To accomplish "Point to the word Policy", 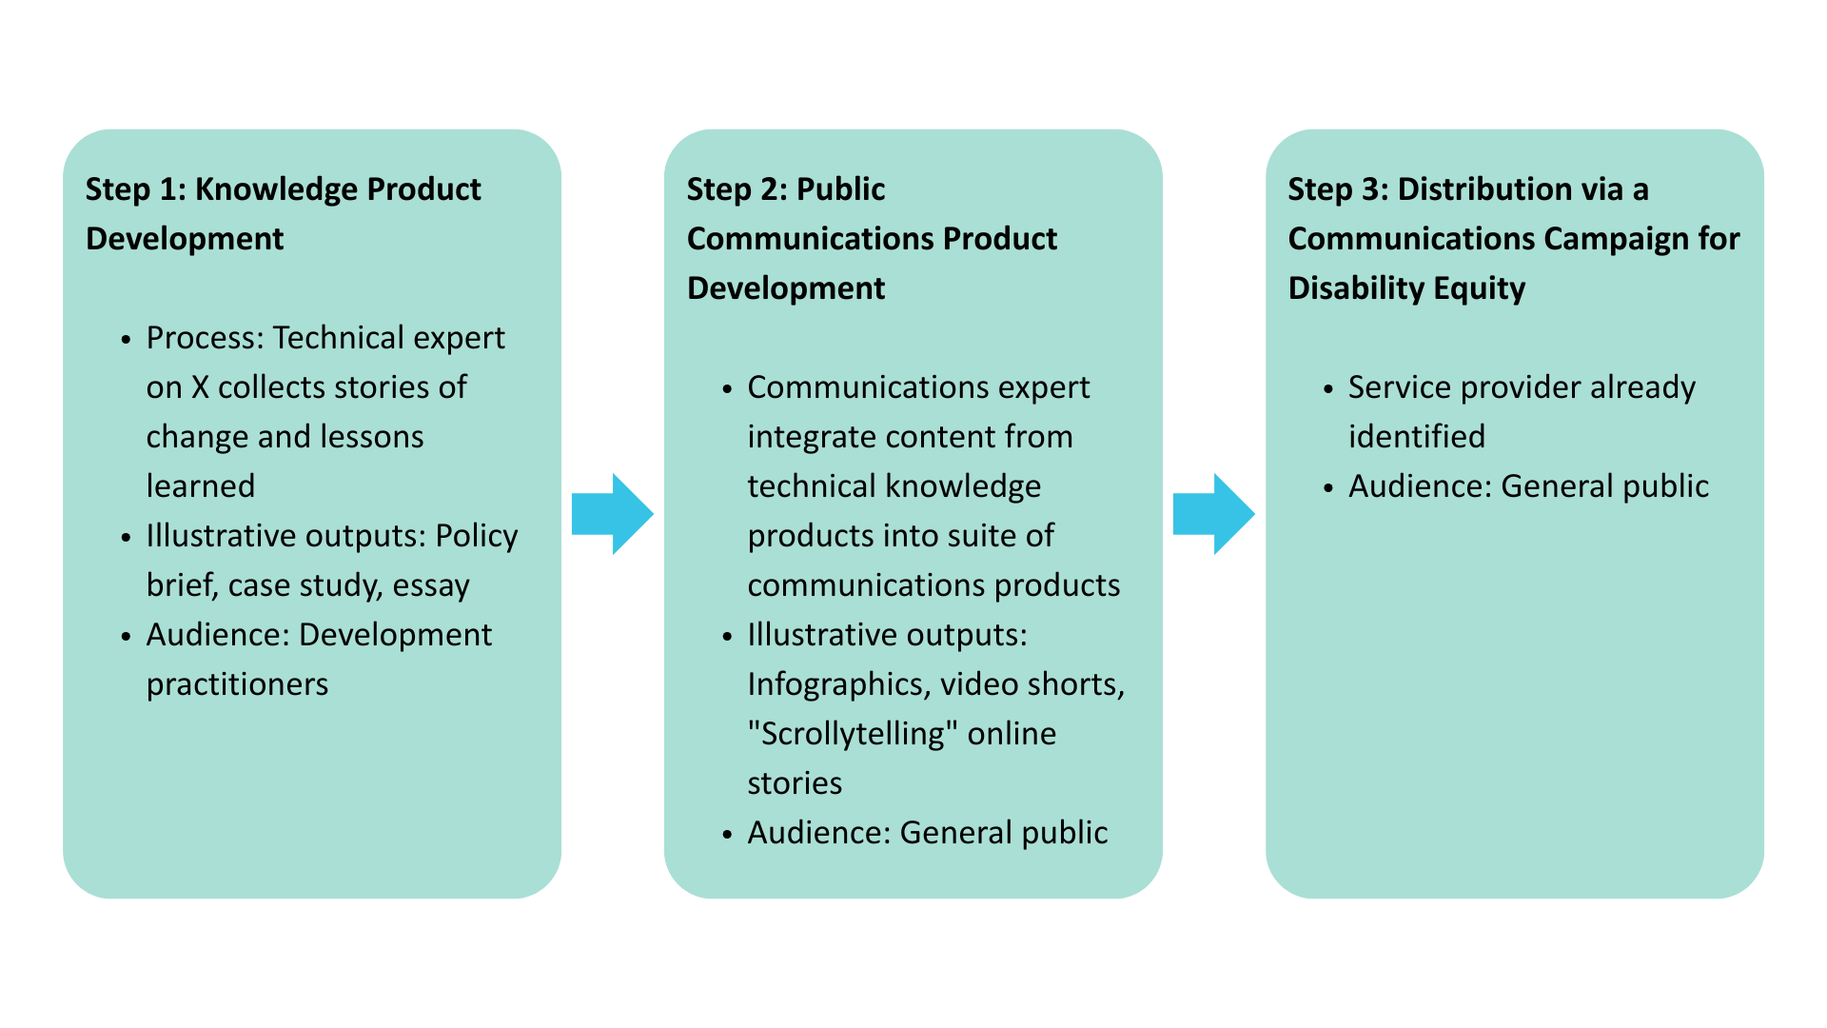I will coord(476,536).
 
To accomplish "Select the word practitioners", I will coord(237,684).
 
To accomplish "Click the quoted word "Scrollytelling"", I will coord(852,734).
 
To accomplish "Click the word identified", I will coord(1416,437).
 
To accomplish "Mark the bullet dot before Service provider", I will coord(1328,389).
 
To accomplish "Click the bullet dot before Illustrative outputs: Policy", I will coord(126,538).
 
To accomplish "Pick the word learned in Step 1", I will coord(200,486).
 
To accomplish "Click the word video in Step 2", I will coord(972,684).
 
